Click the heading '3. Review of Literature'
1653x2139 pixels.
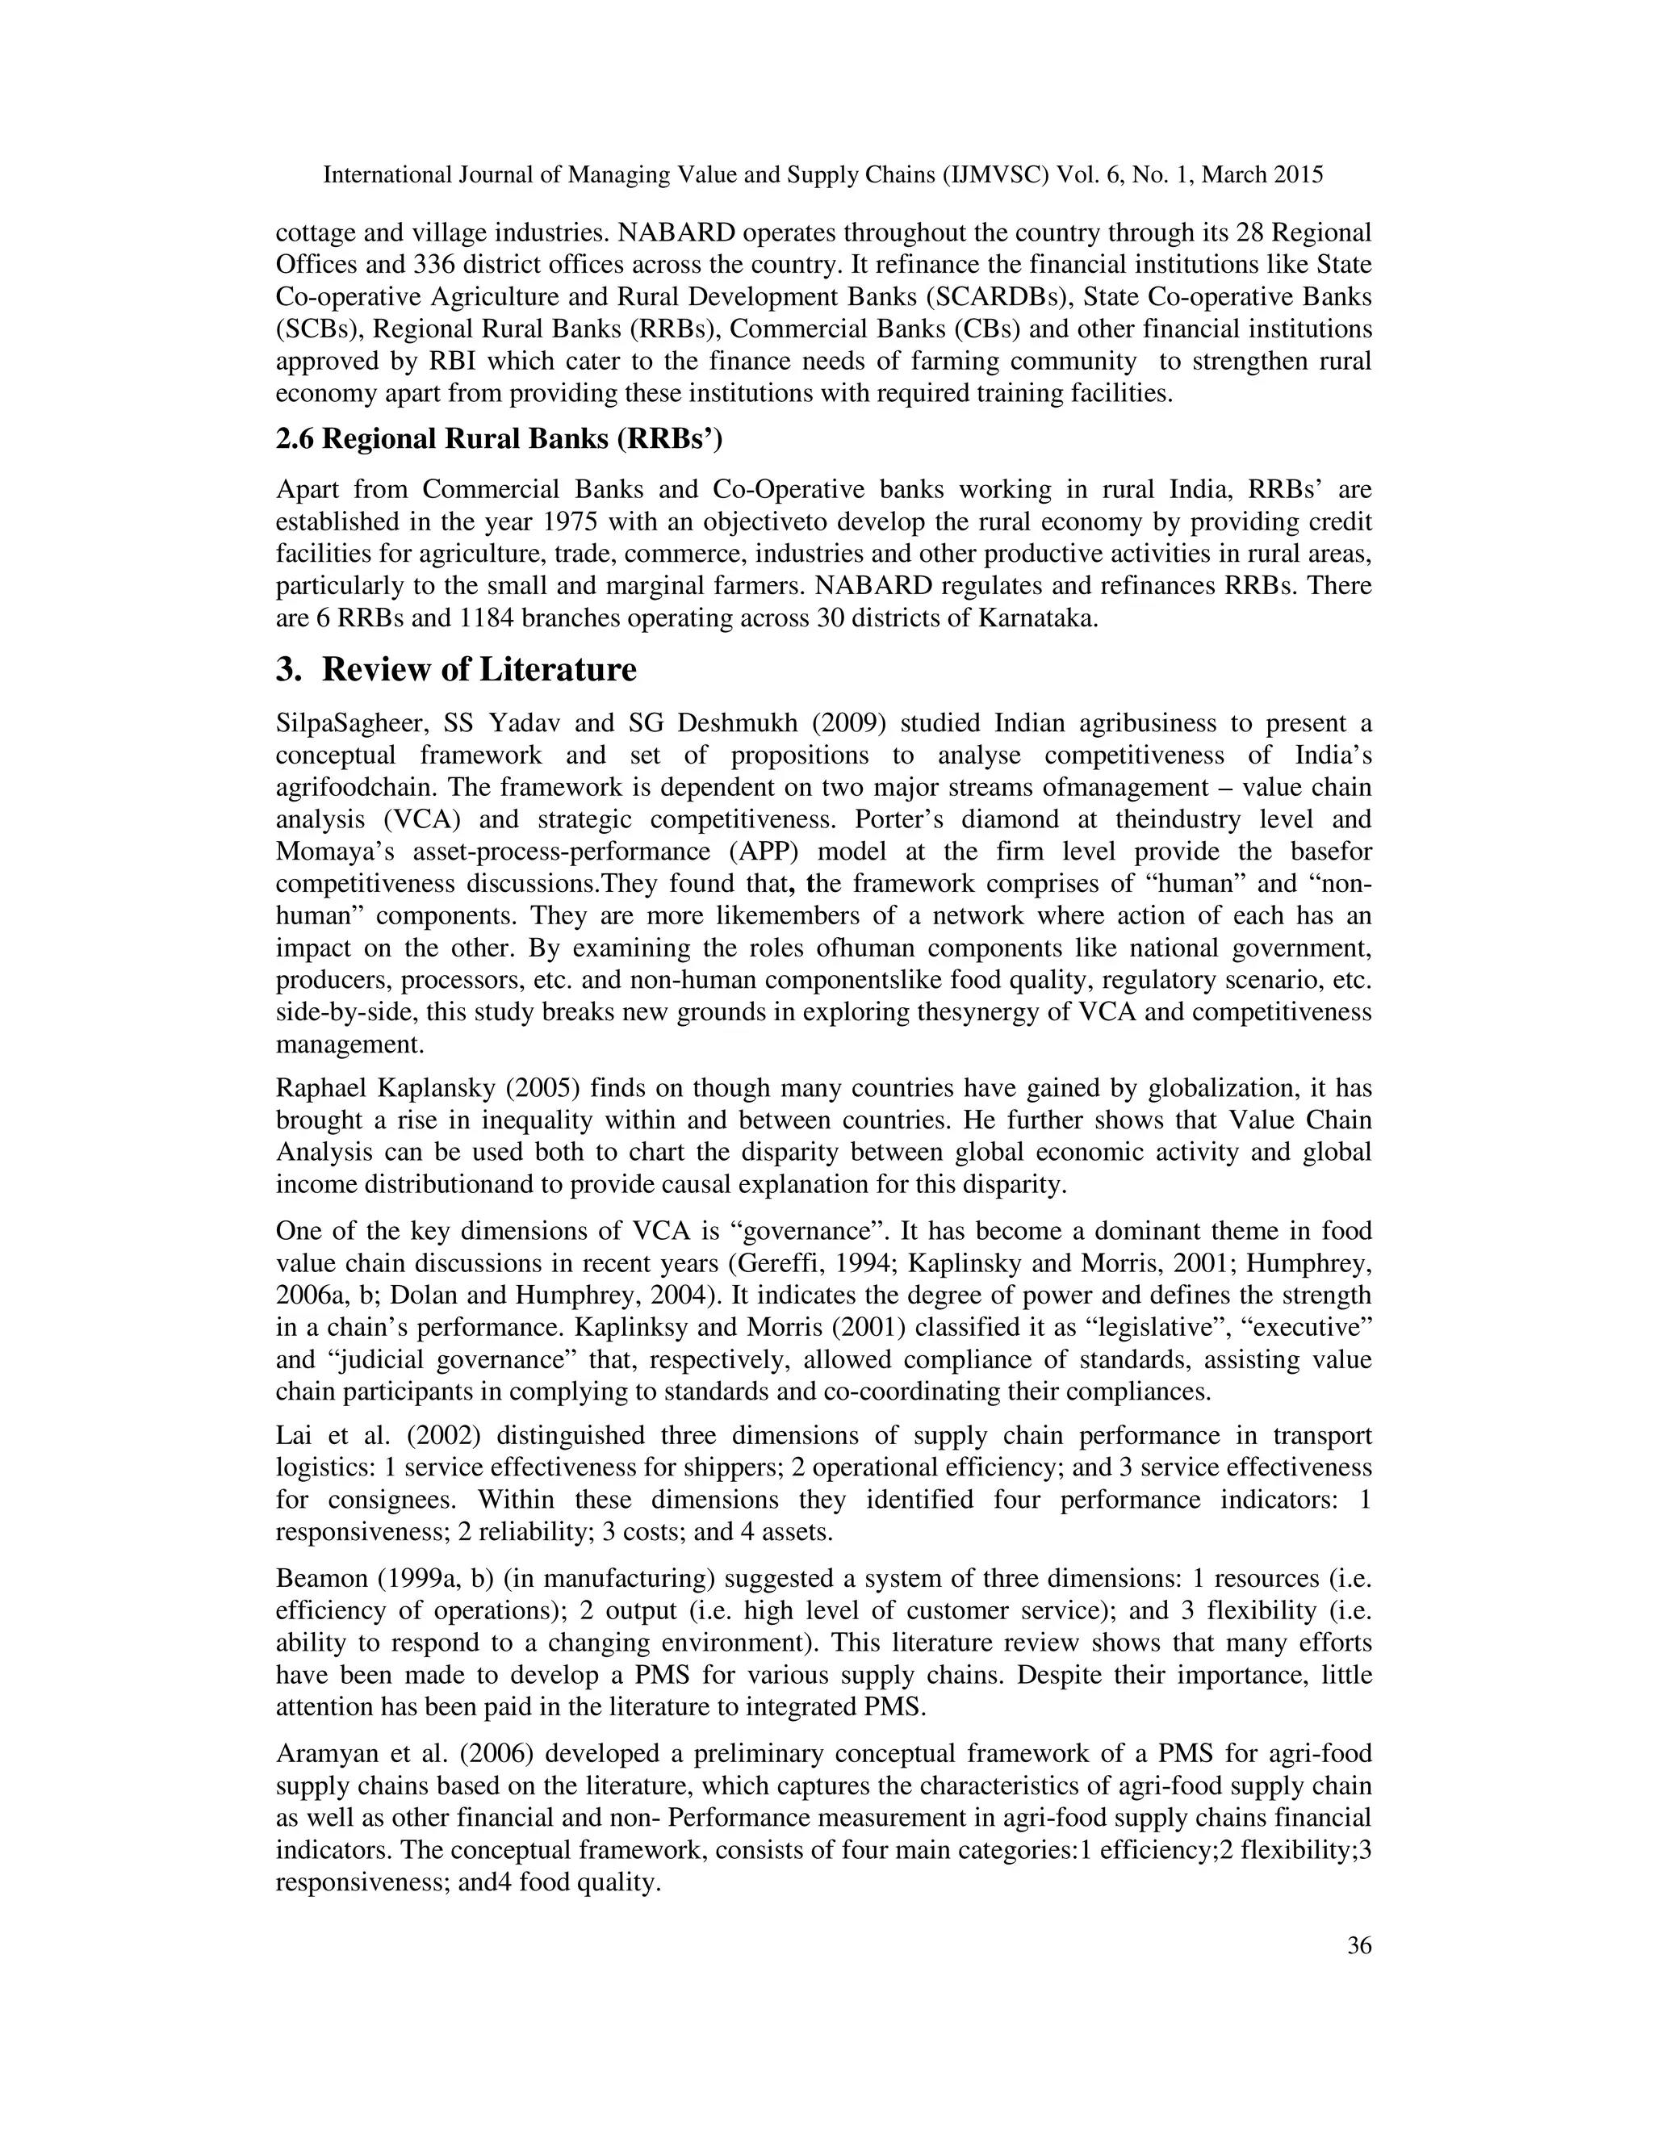coord(456,670)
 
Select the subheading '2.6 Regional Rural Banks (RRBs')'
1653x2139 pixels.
coord(499,439)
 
